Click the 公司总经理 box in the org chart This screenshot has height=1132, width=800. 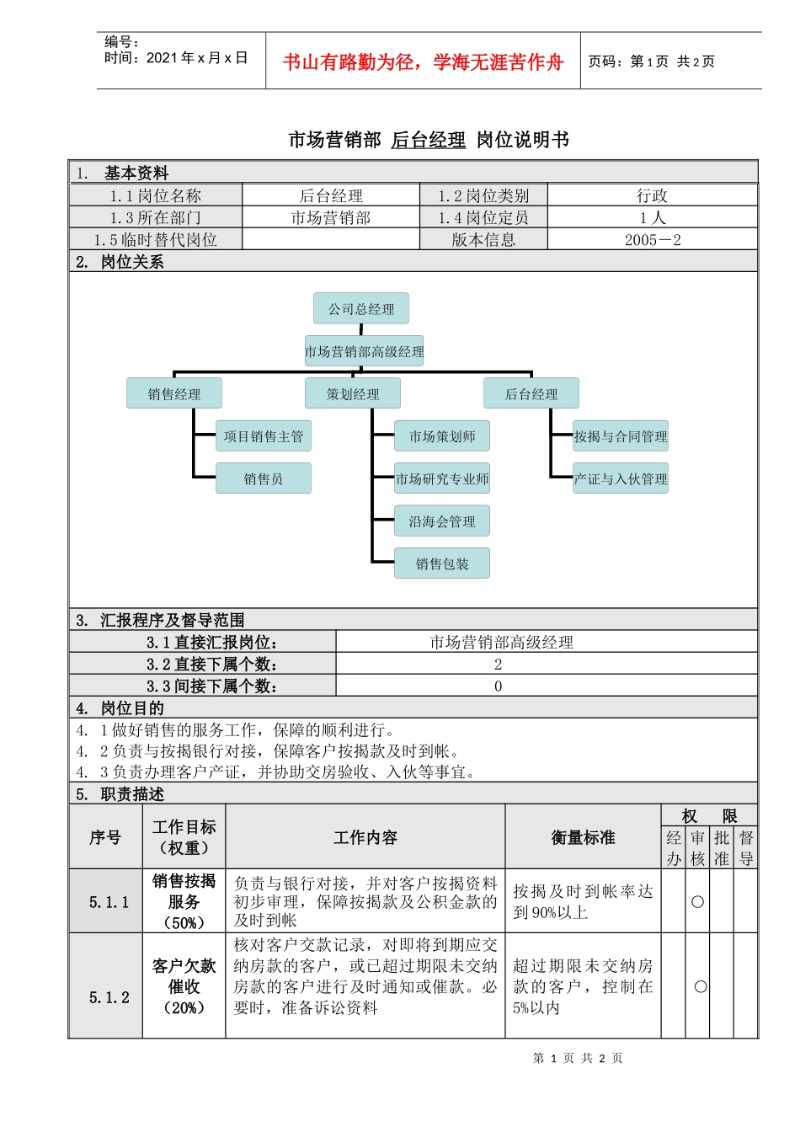coord(361,308)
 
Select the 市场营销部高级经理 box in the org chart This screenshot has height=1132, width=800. coord(364,351)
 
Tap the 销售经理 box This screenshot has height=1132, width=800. coord(174,393)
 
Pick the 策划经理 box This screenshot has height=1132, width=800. coord(353,393)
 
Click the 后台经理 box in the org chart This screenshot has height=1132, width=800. coord(531,393)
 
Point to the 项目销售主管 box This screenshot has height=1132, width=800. coord(264,436)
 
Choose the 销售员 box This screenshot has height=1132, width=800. coord(264,478)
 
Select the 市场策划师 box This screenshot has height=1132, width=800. coord(442,436)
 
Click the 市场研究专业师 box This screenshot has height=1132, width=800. coord(442,478)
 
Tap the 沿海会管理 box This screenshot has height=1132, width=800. coord(442,521)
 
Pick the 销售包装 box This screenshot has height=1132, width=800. coord(442,563)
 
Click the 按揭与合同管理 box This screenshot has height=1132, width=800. coord(621,436)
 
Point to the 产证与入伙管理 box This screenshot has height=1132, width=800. coord(621,478)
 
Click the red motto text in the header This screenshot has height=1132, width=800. coord(423,61)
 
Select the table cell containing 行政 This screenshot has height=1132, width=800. coord(652,195)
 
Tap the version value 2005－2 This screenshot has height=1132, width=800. coord(652,240)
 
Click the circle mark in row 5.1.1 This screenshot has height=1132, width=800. coord(697,901)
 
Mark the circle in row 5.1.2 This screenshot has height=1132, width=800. coord(700,986)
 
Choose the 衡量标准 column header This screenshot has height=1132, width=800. coord(583,837)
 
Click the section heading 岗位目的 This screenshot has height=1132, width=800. coord(132,708)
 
